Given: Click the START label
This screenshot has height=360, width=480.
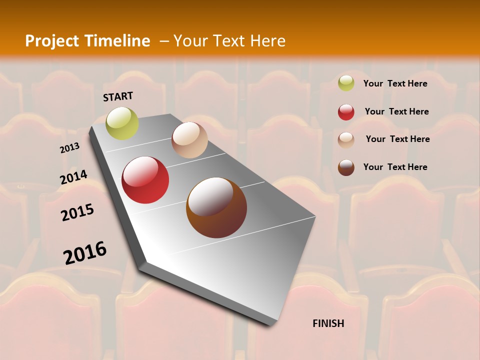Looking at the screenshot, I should tap(118, 96).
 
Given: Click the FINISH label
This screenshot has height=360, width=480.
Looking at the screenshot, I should tap(328, 323).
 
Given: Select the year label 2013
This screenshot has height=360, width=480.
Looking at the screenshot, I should tap(69, 148).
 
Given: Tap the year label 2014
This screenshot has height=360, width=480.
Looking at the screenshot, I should tap(73, 177).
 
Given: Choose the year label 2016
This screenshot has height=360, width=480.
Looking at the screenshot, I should tap(85, 253).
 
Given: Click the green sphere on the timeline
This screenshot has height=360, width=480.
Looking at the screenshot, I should tap(122, 123).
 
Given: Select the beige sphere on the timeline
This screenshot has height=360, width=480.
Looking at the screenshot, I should tap(189, 140).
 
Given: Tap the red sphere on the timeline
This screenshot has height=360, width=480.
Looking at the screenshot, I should tap(145, 180).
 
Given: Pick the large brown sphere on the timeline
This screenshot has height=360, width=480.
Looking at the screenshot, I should tap(216, 207).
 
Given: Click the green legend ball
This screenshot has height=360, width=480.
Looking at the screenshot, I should tap(346, 83).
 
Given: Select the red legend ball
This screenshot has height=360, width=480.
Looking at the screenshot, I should tap(346, 112).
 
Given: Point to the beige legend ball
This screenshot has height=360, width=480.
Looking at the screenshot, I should tap(346, 140).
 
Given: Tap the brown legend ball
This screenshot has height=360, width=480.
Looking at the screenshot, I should tap(346, 167).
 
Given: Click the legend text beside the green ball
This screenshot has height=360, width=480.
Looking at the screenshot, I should tap(395, 83).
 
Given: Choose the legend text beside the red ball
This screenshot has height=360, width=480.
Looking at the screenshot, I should tap(396, 111).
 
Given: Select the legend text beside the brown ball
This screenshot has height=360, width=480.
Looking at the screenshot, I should tap(395, 167).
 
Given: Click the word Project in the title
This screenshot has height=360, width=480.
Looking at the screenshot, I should tap(51, 41).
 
